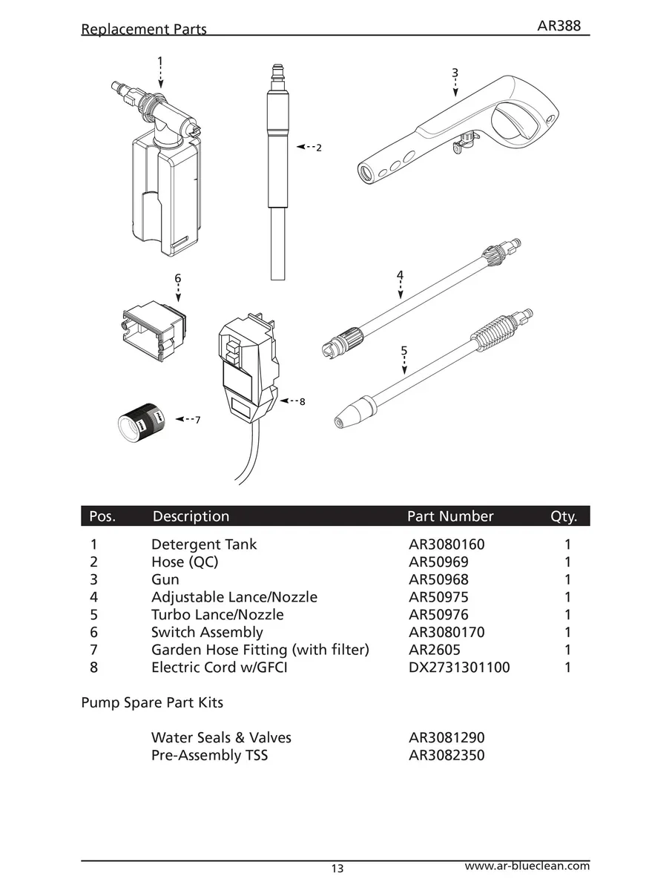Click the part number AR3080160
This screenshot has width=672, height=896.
(x=447, y=544)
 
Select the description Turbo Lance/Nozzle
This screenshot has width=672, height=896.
(x=217, y=615)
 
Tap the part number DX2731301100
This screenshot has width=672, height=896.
(x=459, y=668)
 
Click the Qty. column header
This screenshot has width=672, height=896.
(x=564, y=516)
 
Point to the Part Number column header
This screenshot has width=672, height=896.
(x=450, y=516)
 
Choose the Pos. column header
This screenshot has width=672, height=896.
(x=102, y=516)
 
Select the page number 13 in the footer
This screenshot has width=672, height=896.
(x=337, y=869)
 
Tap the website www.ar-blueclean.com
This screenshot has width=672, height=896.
(x=527, y=866)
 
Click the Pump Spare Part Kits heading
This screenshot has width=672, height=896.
(x=152, y=702)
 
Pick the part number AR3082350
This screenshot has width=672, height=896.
(x=447, y=756)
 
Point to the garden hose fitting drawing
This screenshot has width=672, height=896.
(x=142, y=421)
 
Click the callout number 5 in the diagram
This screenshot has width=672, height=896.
(x=403, y=350)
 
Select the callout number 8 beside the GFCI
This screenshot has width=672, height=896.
(x=302, y=402)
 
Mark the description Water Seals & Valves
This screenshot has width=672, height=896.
(x=221, y=738)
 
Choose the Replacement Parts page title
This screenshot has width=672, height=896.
(x=144, y=30)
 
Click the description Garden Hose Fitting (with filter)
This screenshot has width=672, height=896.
(x=260, y=650)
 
